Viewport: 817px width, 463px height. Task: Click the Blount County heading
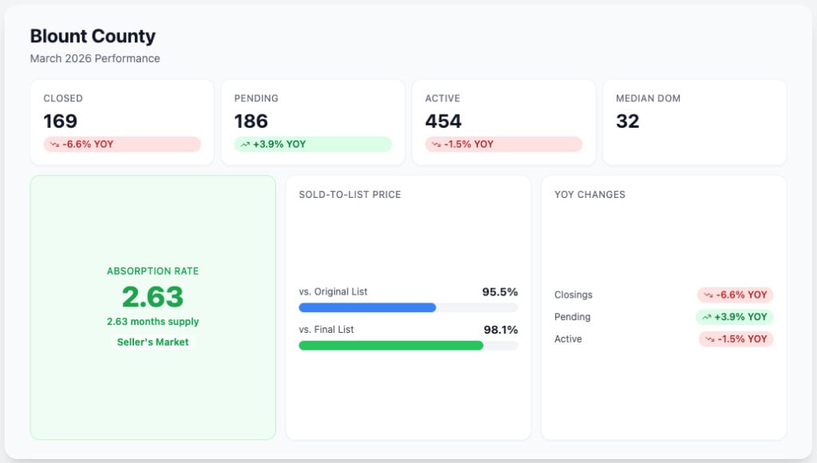tap(93, 36)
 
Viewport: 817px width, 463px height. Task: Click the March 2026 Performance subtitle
tap(95, 58)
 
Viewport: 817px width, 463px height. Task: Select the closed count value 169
tap(61, 121)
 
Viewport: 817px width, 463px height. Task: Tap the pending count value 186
tap(251, 121)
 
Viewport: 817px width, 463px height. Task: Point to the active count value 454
tap(444, 121)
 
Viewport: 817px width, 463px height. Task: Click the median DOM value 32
tap(627, 121)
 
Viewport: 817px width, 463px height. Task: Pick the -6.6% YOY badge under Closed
tap(122, 144)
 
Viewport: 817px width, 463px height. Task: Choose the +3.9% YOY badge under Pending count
tap(313, 144)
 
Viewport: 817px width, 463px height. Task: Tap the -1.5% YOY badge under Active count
tap(504, 144)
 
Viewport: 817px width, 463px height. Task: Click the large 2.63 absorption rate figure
tap(152, 297)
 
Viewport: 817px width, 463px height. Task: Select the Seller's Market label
tap(152, 342)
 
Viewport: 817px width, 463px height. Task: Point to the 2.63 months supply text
tap(152, 322)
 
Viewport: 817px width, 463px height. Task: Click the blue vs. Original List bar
tap(367, 307)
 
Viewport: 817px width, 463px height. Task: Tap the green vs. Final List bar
tap(391, 345)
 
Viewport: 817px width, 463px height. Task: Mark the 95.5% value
tap(499, 292)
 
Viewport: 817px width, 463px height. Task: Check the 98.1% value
tap(501, 330)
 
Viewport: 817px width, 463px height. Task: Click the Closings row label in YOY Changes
tap(573, 295)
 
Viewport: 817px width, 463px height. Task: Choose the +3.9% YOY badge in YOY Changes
tap(735, 317)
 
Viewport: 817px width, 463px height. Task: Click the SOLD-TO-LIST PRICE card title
tap(350, 195)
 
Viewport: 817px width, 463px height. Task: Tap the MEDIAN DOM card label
tap(648, 98)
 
